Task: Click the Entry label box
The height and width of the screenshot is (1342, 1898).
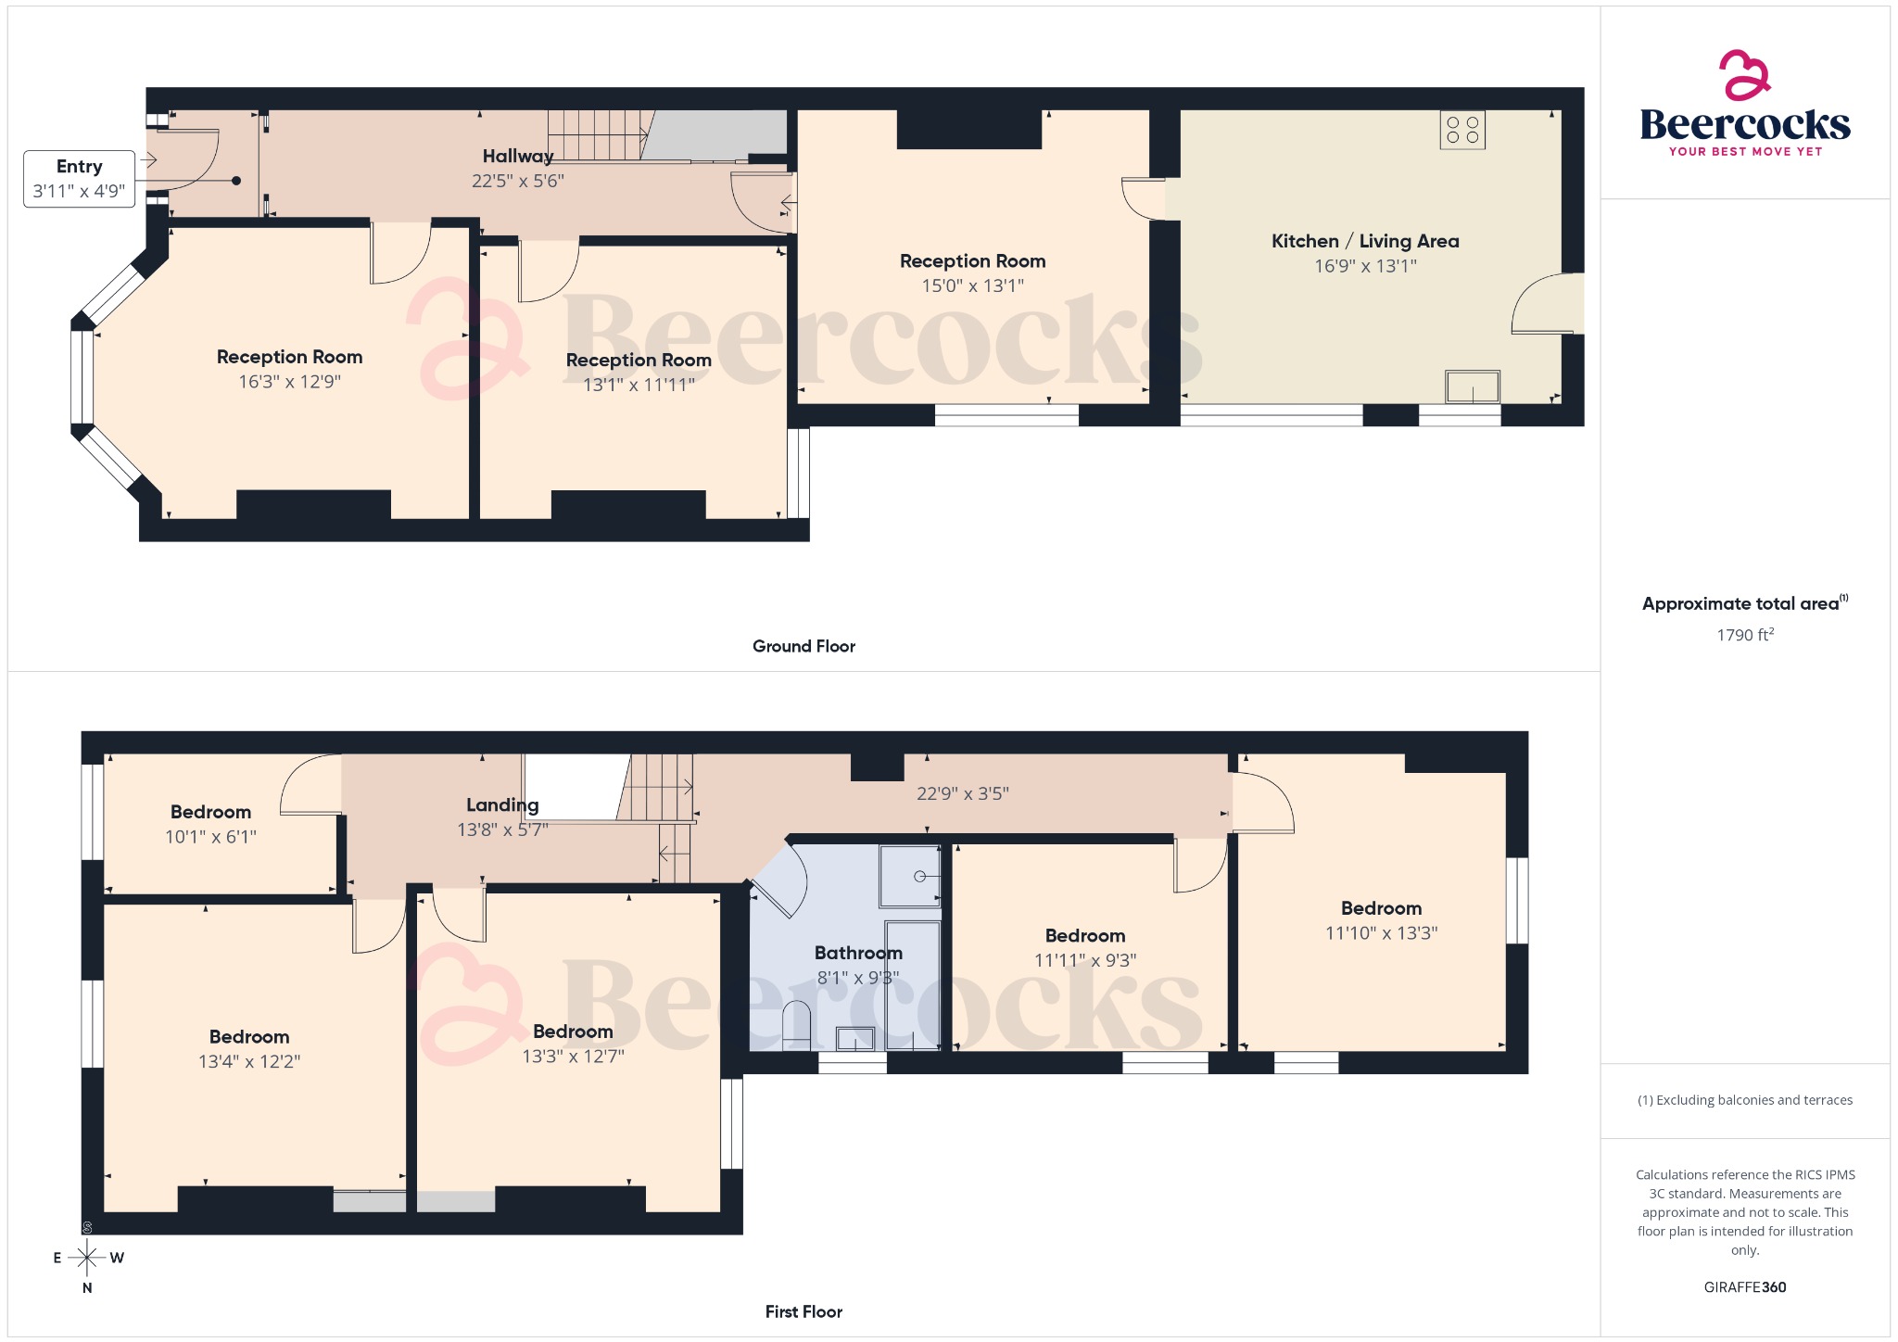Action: [79, 179]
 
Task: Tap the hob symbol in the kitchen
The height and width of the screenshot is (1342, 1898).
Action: [1462, 130]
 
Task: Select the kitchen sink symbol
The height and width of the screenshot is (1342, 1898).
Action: [1472, 386]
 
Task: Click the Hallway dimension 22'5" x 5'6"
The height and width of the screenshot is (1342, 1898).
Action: [517, 182]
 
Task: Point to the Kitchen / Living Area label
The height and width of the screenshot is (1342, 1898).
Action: [1364, 241]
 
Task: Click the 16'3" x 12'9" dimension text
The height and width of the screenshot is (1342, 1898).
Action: [289, 382]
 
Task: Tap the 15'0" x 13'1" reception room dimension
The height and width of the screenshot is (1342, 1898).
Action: [972, 286]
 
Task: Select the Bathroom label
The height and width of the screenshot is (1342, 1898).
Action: [858, 953]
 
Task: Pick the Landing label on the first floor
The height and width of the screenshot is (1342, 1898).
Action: [502, 805]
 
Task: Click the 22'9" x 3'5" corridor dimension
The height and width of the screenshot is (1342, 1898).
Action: [962, 794]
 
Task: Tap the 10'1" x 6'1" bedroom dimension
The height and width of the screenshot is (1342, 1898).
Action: [210, 837]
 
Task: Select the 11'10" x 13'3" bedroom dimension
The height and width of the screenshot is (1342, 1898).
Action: [1381, 933]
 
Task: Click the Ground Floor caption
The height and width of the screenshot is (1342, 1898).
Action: [803, 647]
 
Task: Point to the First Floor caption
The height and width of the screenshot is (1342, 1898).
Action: [803, 1312]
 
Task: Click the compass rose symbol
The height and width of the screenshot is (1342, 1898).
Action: [87, 1258]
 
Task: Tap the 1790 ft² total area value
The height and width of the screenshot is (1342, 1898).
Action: [1744, 635]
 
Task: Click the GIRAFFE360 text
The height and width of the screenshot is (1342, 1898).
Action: [1744, 1287]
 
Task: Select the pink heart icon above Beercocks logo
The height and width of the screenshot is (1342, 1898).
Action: [1744, 74]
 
